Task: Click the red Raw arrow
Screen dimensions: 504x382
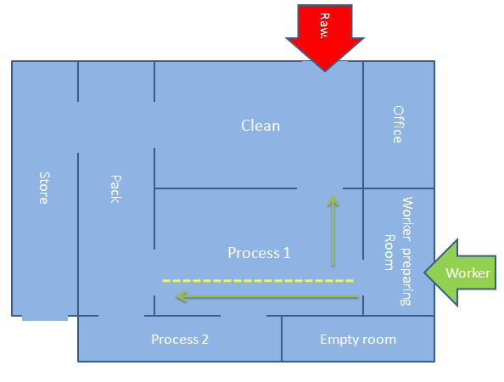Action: (x=325, y=36)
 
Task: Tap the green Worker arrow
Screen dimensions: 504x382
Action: (x=460, y=272)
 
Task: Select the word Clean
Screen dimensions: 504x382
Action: (x=260, y=126)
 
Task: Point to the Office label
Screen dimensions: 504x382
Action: (x=398, y=124)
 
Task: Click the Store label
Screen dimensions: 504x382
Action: (x=44, y=188)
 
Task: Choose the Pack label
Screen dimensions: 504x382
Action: (x=115, y=189)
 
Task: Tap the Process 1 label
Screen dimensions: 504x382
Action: (x=259, y=253)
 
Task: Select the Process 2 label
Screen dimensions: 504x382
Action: (x=180, y=340)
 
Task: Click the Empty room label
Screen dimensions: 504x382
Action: (x=358, y=340)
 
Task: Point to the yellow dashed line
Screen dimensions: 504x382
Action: (x=258, y=281)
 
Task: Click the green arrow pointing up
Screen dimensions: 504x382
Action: (x=333, y=230)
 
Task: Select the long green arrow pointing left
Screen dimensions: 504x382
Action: (x=267, y=296)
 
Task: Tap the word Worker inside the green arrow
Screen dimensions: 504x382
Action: (x=468, y=273)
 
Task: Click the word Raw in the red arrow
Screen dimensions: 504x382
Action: (x=325, y=25)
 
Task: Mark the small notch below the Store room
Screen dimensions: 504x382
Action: (x=45, y=318)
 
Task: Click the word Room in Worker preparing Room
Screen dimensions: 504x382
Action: (x=389, y=252)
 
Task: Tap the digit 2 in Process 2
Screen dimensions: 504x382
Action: (x=205, y=340)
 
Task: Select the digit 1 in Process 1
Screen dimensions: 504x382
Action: (x=287, y=253)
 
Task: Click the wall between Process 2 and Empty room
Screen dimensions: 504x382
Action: (x=282, y=339)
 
